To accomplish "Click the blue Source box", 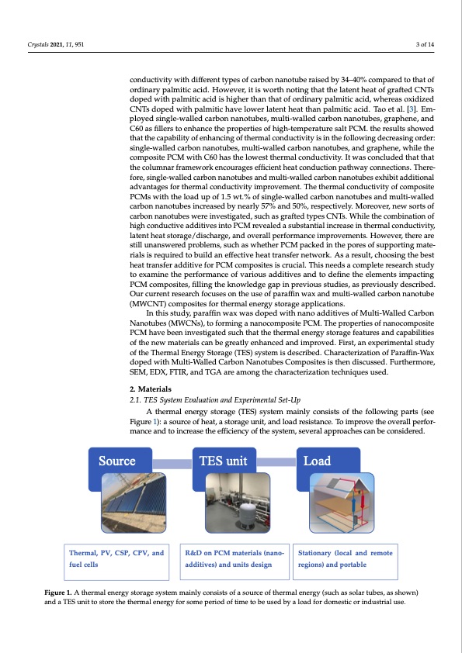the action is pyautogui.click(x=116, y=461).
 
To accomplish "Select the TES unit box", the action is pyautogui.click(x=223, y=461).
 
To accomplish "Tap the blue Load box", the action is pyautogui.click(x=328, y=461).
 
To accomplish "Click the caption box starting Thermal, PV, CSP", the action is pyautogui.click(x=116, y=559).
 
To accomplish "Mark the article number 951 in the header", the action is pyautogui.click(x=78, y=43).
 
